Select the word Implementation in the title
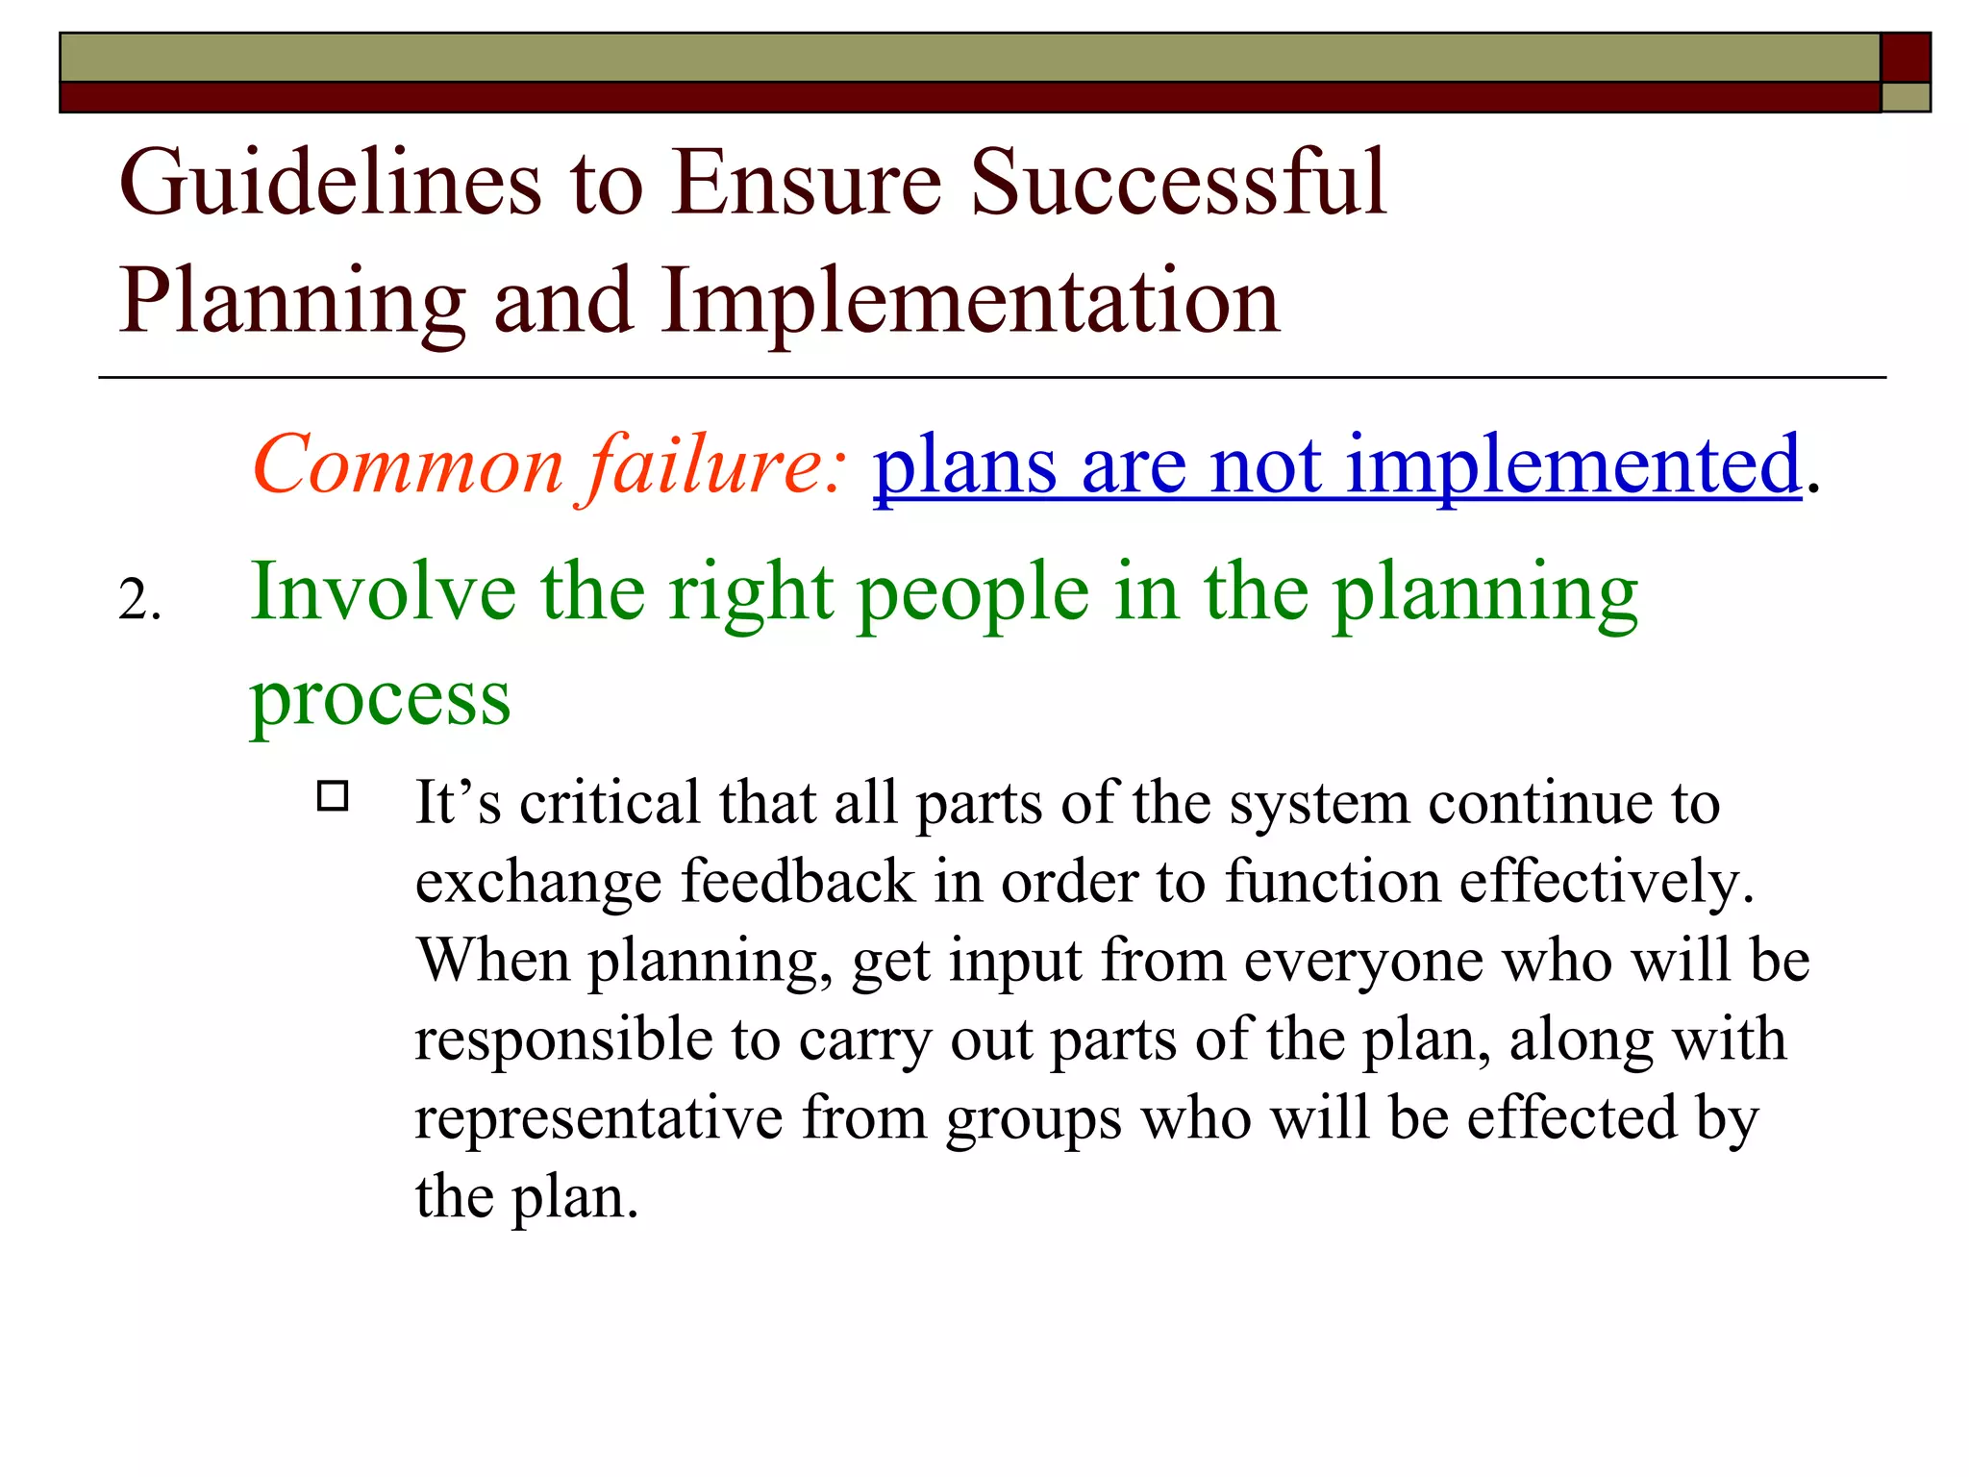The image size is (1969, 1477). point(970,301)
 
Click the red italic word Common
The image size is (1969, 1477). point(407,465)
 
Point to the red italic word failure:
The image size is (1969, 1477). point(717,465)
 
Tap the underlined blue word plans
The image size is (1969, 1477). point(964,465)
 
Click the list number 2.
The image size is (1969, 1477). point(139,601)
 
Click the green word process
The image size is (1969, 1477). point(380,700)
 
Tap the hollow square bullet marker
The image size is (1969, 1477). point(333,796)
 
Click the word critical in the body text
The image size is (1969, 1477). point(610,803)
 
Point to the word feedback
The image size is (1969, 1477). point(798,881)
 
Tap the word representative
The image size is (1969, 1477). point(599,1119)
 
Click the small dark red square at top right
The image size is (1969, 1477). point(1905,58)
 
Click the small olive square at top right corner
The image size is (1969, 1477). point(1905,97)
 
